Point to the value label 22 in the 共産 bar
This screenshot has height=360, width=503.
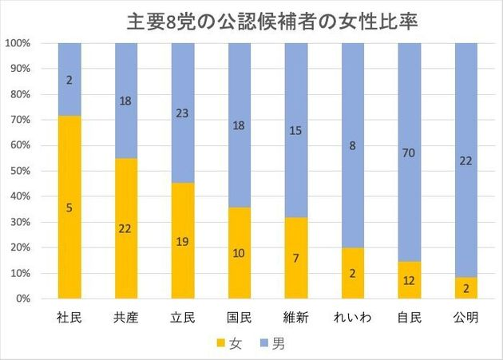pos(126,227)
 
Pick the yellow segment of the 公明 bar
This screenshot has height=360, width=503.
pos(466,287)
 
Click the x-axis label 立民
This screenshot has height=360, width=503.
pos(183,317)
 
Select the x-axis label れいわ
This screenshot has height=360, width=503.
pos(353,317)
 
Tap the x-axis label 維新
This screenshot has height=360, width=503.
pos(296,317)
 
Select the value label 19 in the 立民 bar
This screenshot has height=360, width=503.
pos(183,240)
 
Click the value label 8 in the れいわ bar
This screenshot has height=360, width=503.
pos(353,145)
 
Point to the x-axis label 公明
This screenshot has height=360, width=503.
pos(466,317)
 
